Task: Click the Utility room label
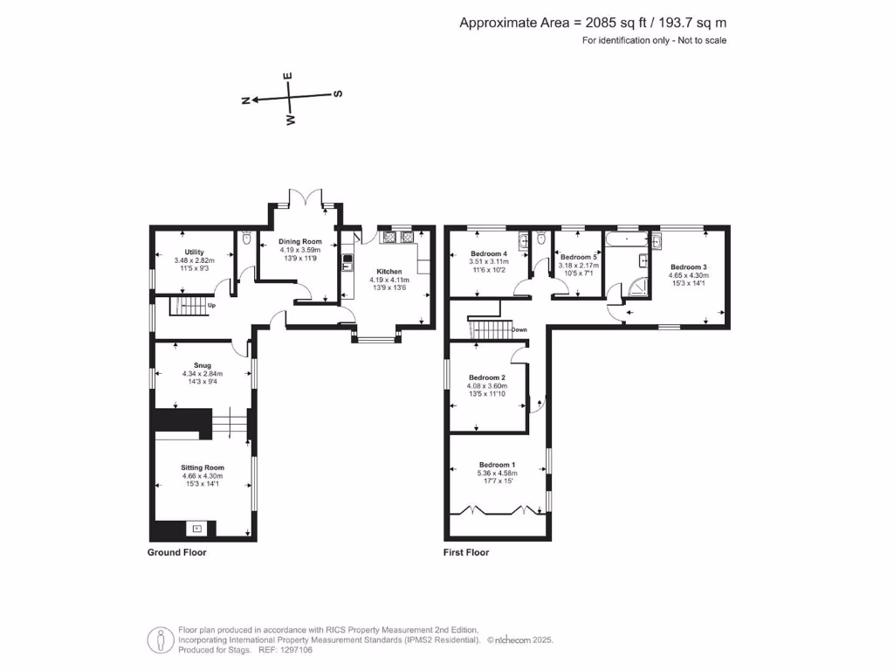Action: click(194, 252)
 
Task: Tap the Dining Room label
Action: click(299, 242)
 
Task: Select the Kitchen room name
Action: click(389, 272)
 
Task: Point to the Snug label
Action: click(202, 366)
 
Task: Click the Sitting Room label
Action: click(202, 467)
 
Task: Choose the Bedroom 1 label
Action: click(497, 465)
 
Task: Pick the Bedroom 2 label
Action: click(486, 376)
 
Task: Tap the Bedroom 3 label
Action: click(689, 266)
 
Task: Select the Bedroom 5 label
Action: click(579, 257)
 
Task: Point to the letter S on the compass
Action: click(339, 93)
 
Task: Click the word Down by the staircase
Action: click(519, 329)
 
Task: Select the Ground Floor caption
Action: click(176, 552)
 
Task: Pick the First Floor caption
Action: click(467, 552)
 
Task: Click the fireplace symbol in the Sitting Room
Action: click(197, 528)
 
